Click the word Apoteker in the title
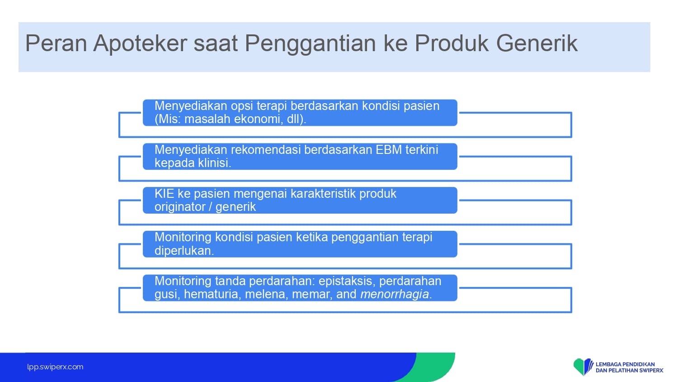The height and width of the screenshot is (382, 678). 140,43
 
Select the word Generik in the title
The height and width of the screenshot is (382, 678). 537,43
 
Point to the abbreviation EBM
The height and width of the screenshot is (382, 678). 389,150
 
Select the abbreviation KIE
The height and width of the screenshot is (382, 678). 164,193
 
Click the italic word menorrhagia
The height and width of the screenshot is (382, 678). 395,294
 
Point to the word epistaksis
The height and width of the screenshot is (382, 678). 347,282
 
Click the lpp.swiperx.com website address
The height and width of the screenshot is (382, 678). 55,367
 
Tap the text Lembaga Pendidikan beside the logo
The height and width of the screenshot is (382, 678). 625,364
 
